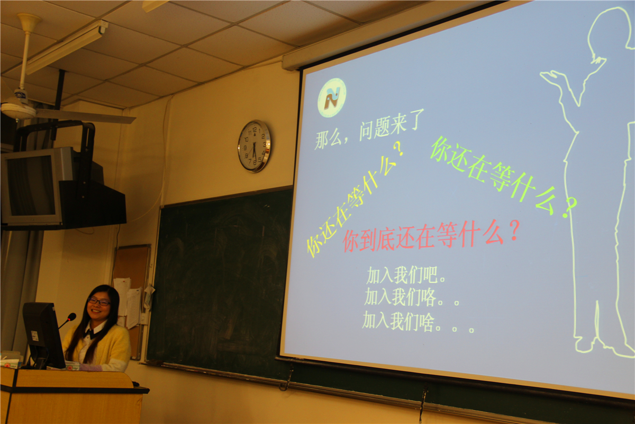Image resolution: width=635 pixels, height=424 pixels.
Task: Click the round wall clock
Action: coord(255,146)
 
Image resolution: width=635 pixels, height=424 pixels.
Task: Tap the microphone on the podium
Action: coord(68,320)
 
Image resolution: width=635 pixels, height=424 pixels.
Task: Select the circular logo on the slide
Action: coord(332,98)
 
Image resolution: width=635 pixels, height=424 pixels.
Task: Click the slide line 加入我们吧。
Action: coord(406,275)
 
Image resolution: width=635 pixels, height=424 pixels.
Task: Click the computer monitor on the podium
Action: coord(43,335)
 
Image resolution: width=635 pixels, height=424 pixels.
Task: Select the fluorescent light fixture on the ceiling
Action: coord(67,47)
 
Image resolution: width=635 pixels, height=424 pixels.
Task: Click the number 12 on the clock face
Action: coord(255,130)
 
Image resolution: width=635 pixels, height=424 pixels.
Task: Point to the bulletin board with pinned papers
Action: coord(131,301)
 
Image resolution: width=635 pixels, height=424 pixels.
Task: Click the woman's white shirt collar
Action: coord(94,330)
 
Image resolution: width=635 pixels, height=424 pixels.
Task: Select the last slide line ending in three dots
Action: coord(418,322)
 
